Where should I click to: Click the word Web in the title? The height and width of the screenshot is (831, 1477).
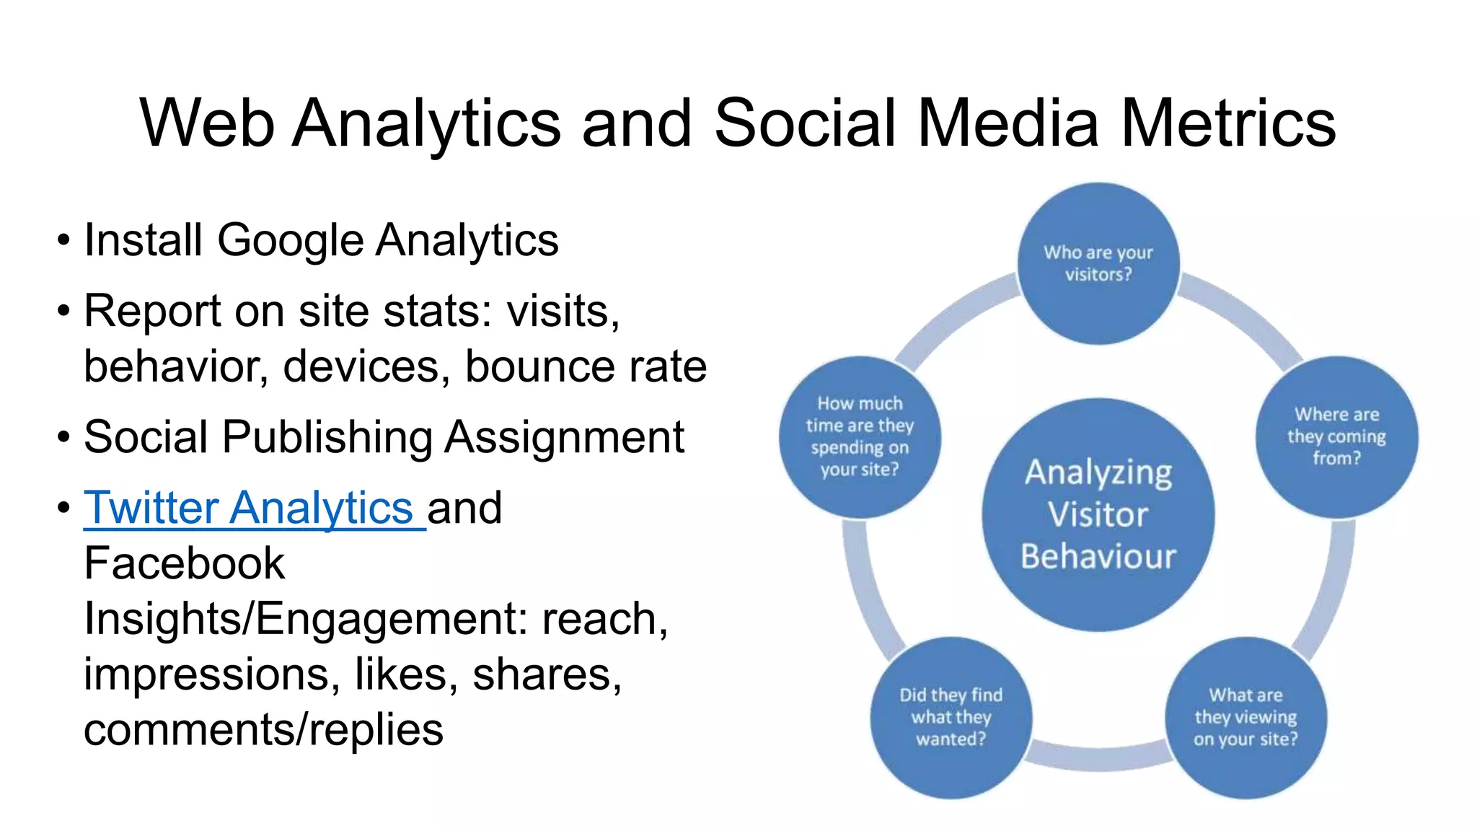(207, 123)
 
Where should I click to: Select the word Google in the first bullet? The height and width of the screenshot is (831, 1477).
(290, 240)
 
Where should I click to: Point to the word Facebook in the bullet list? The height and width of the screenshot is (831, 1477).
(184, 563)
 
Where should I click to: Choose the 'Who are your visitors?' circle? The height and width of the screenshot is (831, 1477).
(1098, 263)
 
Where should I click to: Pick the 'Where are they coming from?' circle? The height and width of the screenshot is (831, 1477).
(1336, 436)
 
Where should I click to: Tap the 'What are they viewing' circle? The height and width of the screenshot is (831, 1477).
(1245, 717)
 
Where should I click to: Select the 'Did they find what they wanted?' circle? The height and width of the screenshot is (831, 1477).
(951, 717)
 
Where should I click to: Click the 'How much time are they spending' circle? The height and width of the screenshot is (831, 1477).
(860, 436)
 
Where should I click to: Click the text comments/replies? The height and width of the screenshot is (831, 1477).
(263, 730)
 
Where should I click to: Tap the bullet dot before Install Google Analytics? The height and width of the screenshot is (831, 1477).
(64, 241)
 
